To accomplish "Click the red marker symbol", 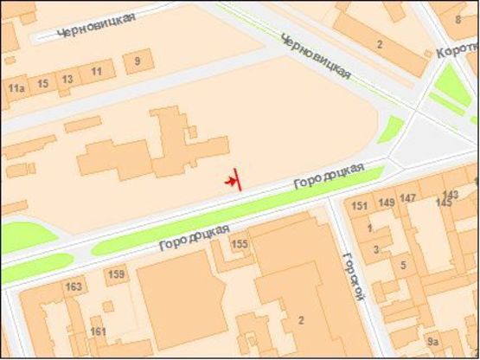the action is pyautogui.click(x=233, y=180).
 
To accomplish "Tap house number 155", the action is pyautogui.click(x=240, y=245).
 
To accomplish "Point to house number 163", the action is pyautogui.click(x=74, y=286).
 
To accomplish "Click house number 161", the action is pyautogui.click(x=98, y=331).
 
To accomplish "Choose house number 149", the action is pyautogui.click(x=386, y=202).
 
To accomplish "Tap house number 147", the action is pyautogui.click(x=407, y=198).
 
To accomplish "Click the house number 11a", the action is pyautogui.click(x=15, y=87).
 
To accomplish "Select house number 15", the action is pyautogui.click(x=42, y=83).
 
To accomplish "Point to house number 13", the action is pyautogui.click(x=67, y=79).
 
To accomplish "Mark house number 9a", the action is pyautogui.click(x=433, y=342).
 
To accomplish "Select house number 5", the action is pyautogui.click(x=403, y=265).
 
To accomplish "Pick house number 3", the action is pyautogui.click(x=375, y=249).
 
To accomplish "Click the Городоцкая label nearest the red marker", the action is pyautogui.click(x=327, y=177).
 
